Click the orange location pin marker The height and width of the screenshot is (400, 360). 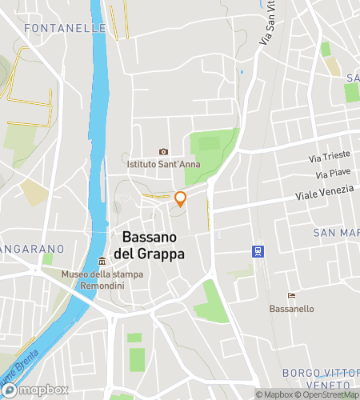pos(181,198)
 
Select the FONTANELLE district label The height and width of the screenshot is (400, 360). pos(66,28)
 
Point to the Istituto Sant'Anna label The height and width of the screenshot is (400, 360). pos(167,165)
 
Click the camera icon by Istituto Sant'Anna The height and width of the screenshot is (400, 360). pos(164,152)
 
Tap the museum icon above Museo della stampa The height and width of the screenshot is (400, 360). pos(102,262)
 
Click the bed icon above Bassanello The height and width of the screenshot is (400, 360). pos(290,295)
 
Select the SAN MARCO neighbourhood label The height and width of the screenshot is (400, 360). pos(335,233)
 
